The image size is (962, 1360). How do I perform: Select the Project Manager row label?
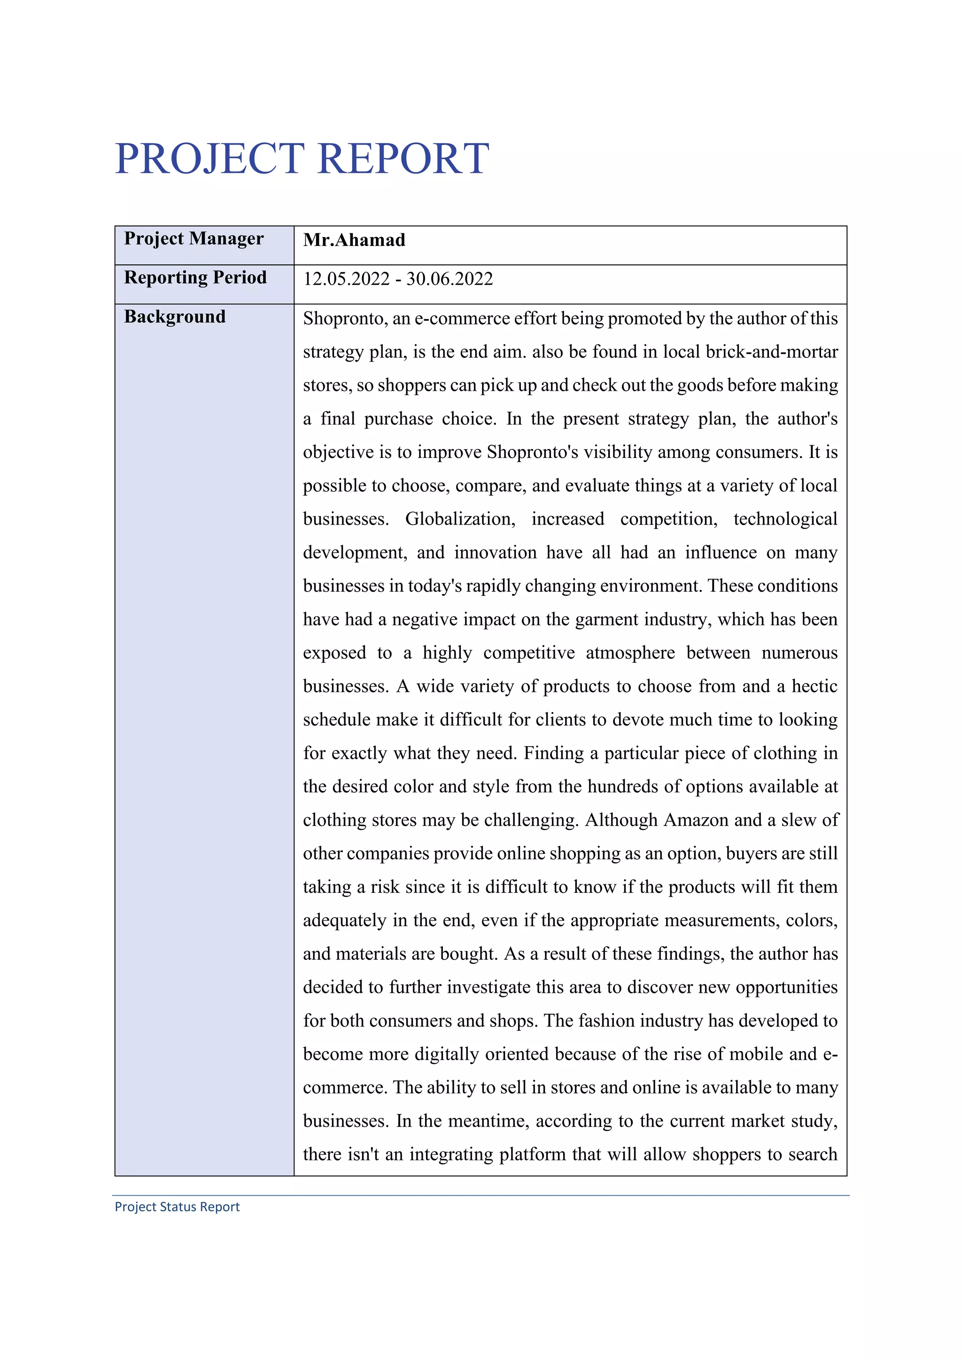(194, 239)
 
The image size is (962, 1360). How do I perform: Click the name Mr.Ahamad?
(354, 240)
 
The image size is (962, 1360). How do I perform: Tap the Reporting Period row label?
(195, 278)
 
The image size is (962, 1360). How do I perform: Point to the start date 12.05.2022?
(347, 279)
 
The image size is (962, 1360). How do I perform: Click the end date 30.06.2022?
(450, 279)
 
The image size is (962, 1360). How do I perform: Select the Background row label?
(175, 317)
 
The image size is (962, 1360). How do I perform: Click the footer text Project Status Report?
(177, 1206)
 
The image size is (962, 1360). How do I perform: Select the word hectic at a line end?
(815, 686)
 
